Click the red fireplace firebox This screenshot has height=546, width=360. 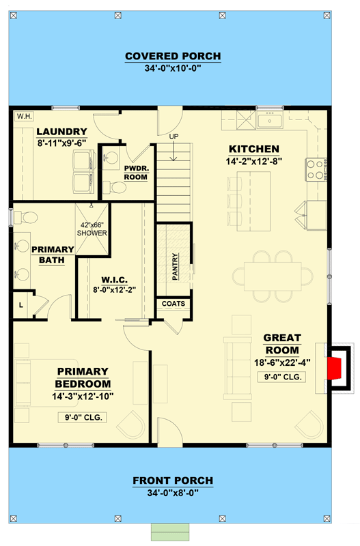pyautogui.click(x=335, y=368)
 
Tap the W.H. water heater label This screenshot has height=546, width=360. pyautogui.click(x=25, y=116)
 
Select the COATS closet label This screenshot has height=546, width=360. pyautogui.click(x=174, y=304)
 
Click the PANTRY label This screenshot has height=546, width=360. pyautogui.click(x=175, y=267)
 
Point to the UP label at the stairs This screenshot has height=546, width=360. pyautogui.click(x=174, y=136)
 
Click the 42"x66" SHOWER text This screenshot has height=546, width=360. pyautogui.click(x=92, y=229)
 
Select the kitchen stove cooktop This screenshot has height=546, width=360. pyautogui.click(x=316, y=169)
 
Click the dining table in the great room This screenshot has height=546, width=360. pyautogui.click(x=273, y=276)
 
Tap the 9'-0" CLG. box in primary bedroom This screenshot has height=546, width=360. pyautogui.click(x=82, y=417)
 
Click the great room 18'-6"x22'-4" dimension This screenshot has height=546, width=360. pyautogui.click(x=282, y=362)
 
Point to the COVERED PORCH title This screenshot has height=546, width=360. pyautogui.click(x=173, y=56)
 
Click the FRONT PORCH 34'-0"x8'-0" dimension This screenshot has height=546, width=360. pyautogui.click(x=173, y=493)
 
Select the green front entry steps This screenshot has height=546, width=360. pyautogui.click(x=170, y=532)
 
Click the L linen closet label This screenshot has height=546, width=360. pyautogui.click(x=21, y=305)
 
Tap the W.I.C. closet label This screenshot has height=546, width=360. pyautogui.click(x=114, y=280)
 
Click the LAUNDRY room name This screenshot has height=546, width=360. pyautogui.click(x=61, y=131)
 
